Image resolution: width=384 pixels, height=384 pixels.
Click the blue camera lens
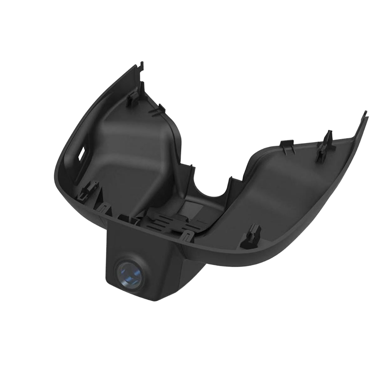128,274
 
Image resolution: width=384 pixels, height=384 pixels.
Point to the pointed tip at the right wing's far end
365,115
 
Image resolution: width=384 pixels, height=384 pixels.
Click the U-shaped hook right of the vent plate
188,236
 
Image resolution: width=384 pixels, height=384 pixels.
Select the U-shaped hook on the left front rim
103,207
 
